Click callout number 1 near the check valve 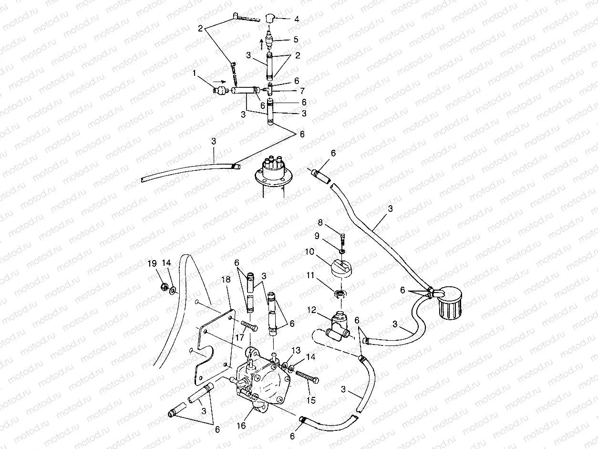pos(194,73)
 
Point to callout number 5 pos(296,40)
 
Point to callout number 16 pos(241,425)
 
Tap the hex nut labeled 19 pos(162,287)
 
